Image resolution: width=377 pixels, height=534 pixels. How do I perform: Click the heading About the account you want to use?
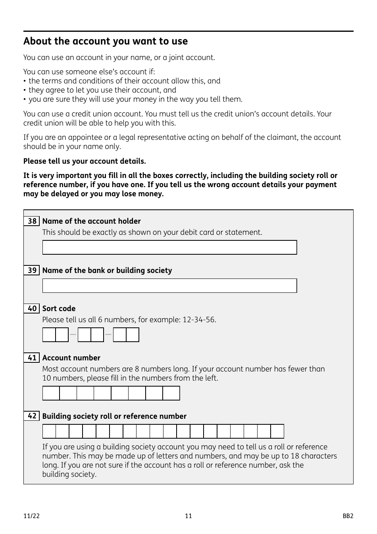coord(106,41)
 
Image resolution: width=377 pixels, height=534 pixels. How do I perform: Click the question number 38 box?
coord(32,221)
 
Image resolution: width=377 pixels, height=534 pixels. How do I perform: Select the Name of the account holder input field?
coord(169,248)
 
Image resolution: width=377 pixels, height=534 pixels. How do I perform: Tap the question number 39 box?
coord(32,271)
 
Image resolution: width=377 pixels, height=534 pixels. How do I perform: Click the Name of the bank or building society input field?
coord(169,286)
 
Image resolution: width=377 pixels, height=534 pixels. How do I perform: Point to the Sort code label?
coord(59,309)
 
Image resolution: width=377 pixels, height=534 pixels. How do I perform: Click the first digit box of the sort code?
coord(49,335)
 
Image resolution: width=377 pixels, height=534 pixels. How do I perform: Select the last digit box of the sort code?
coord(133,335)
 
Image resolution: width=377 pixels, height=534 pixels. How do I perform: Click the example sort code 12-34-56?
coord(199,320)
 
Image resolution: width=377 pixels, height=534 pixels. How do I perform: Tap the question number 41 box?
coord(32,358)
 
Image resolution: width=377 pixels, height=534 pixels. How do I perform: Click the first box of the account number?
coord(51,393)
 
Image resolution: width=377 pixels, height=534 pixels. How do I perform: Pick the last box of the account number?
coord(171,393)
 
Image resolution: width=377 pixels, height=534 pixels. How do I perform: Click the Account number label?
coord(71,358)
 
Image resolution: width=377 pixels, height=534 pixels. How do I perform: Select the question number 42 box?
coord(32,416)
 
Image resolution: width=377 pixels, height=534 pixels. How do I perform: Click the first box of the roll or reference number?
coord(49,431)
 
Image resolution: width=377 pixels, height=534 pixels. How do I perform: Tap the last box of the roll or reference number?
coord(277,431)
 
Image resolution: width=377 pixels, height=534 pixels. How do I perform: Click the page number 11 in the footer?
coord(188,516)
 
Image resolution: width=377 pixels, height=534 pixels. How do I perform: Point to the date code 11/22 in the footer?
coord(31,516)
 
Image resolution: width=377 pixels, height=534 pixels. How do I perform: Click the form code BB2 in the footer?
coord(348,516)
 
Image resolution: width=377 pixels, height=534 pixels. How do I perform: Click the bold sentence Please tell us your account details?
coord(85,161)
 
